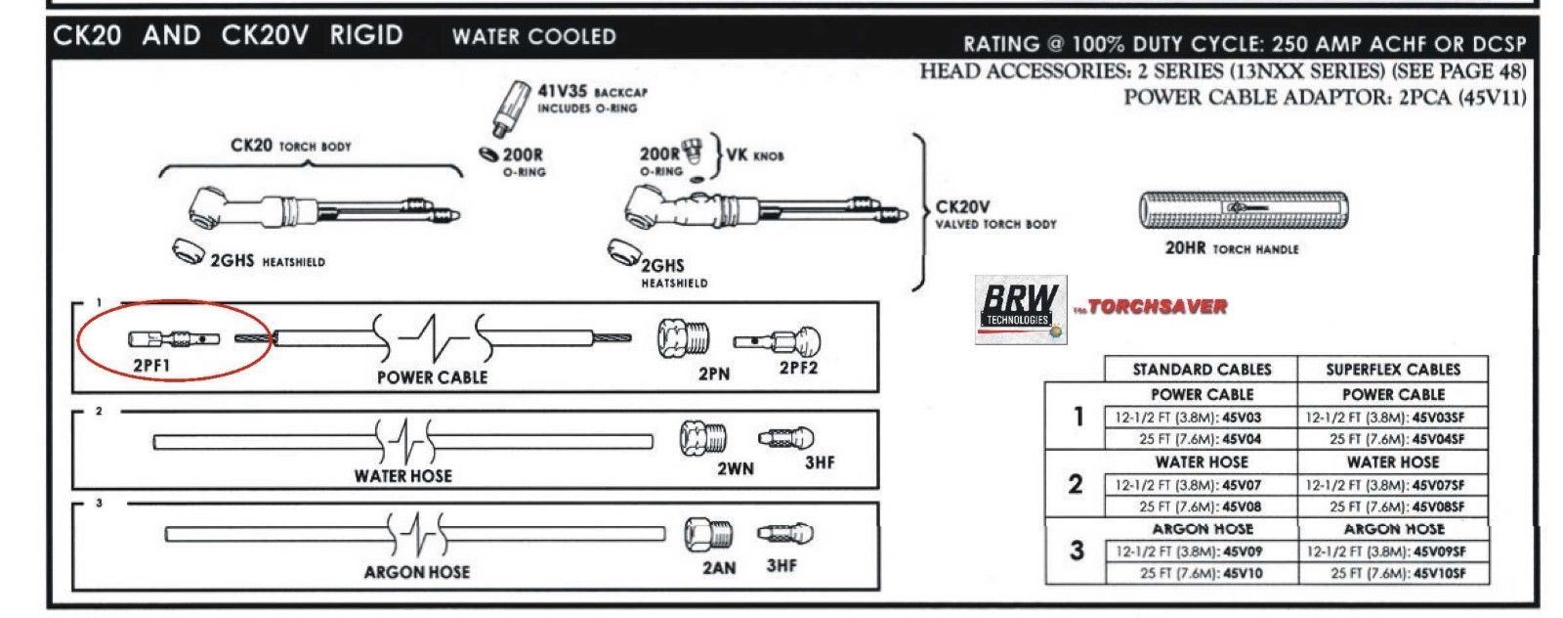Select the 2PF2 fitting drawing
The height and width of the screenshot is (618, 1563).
coord(778,341)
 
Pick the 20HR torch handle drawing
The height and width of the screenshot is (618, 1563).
coord(1246,209)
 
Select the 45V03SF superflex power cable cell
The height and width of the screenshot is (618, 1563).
coord(1393,418)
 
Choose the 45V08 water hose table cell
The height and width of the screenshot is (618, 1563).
coord(1201,507)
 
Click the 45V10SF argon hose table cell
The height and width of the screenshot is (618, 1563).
coord(1393,573)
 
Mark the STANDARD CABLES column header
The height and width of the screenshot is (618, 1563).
coord(1201,369)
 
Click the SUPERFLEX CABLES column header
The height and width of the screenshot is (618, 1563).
coord(1393,369)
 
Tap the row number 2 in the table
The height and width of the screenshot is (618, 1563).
coord(1076,484)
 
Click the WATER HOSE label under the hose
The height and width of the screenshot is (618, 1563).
coord(402,476)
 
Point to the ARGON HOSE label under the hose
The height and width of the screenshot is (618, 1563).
coord(416,572)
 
